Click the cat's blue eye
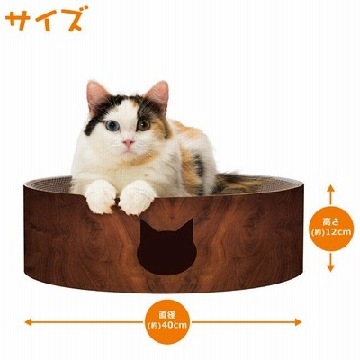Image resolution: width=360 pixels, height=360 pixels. click(x=112, y=126)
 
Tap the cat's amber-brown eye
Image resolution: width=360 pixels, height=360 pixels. click(x=144, y=125)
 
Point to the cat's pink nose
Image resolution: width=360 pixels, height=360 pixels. click(x=129, y=143)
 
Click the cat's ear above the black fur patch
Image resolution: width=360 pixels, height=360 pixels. click(x=96, y=94)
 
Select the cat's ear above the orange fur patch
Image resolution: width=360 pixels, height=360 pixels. click(x=157, y=93)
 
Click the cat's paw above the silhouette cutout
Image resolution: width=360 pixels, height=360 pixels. click(x=138, y=197)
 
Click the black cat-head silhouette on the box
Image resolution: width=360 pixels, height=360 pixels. click(x=166, y=247)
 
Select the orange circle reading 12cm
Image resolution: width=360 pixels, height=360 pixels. click(x=330, y=229)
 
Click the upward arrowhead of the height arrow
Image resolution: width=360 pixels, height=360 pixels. click(x=330, y=189)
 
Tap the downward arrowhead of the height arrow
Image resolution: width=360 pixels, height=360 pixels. click(x=330, y=267)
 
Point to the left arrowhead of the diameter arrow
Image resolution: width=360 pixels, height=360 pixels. click(x=29, y=322)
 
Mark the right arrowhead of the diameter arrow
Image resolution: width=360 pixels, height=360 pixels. click(x=298, y=322)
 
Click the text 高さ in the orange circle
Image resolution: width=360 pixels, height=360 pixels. click(x=330, y=222)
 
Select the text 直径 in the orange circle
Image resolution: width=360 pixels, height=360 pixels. click(x=167, y=316)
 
